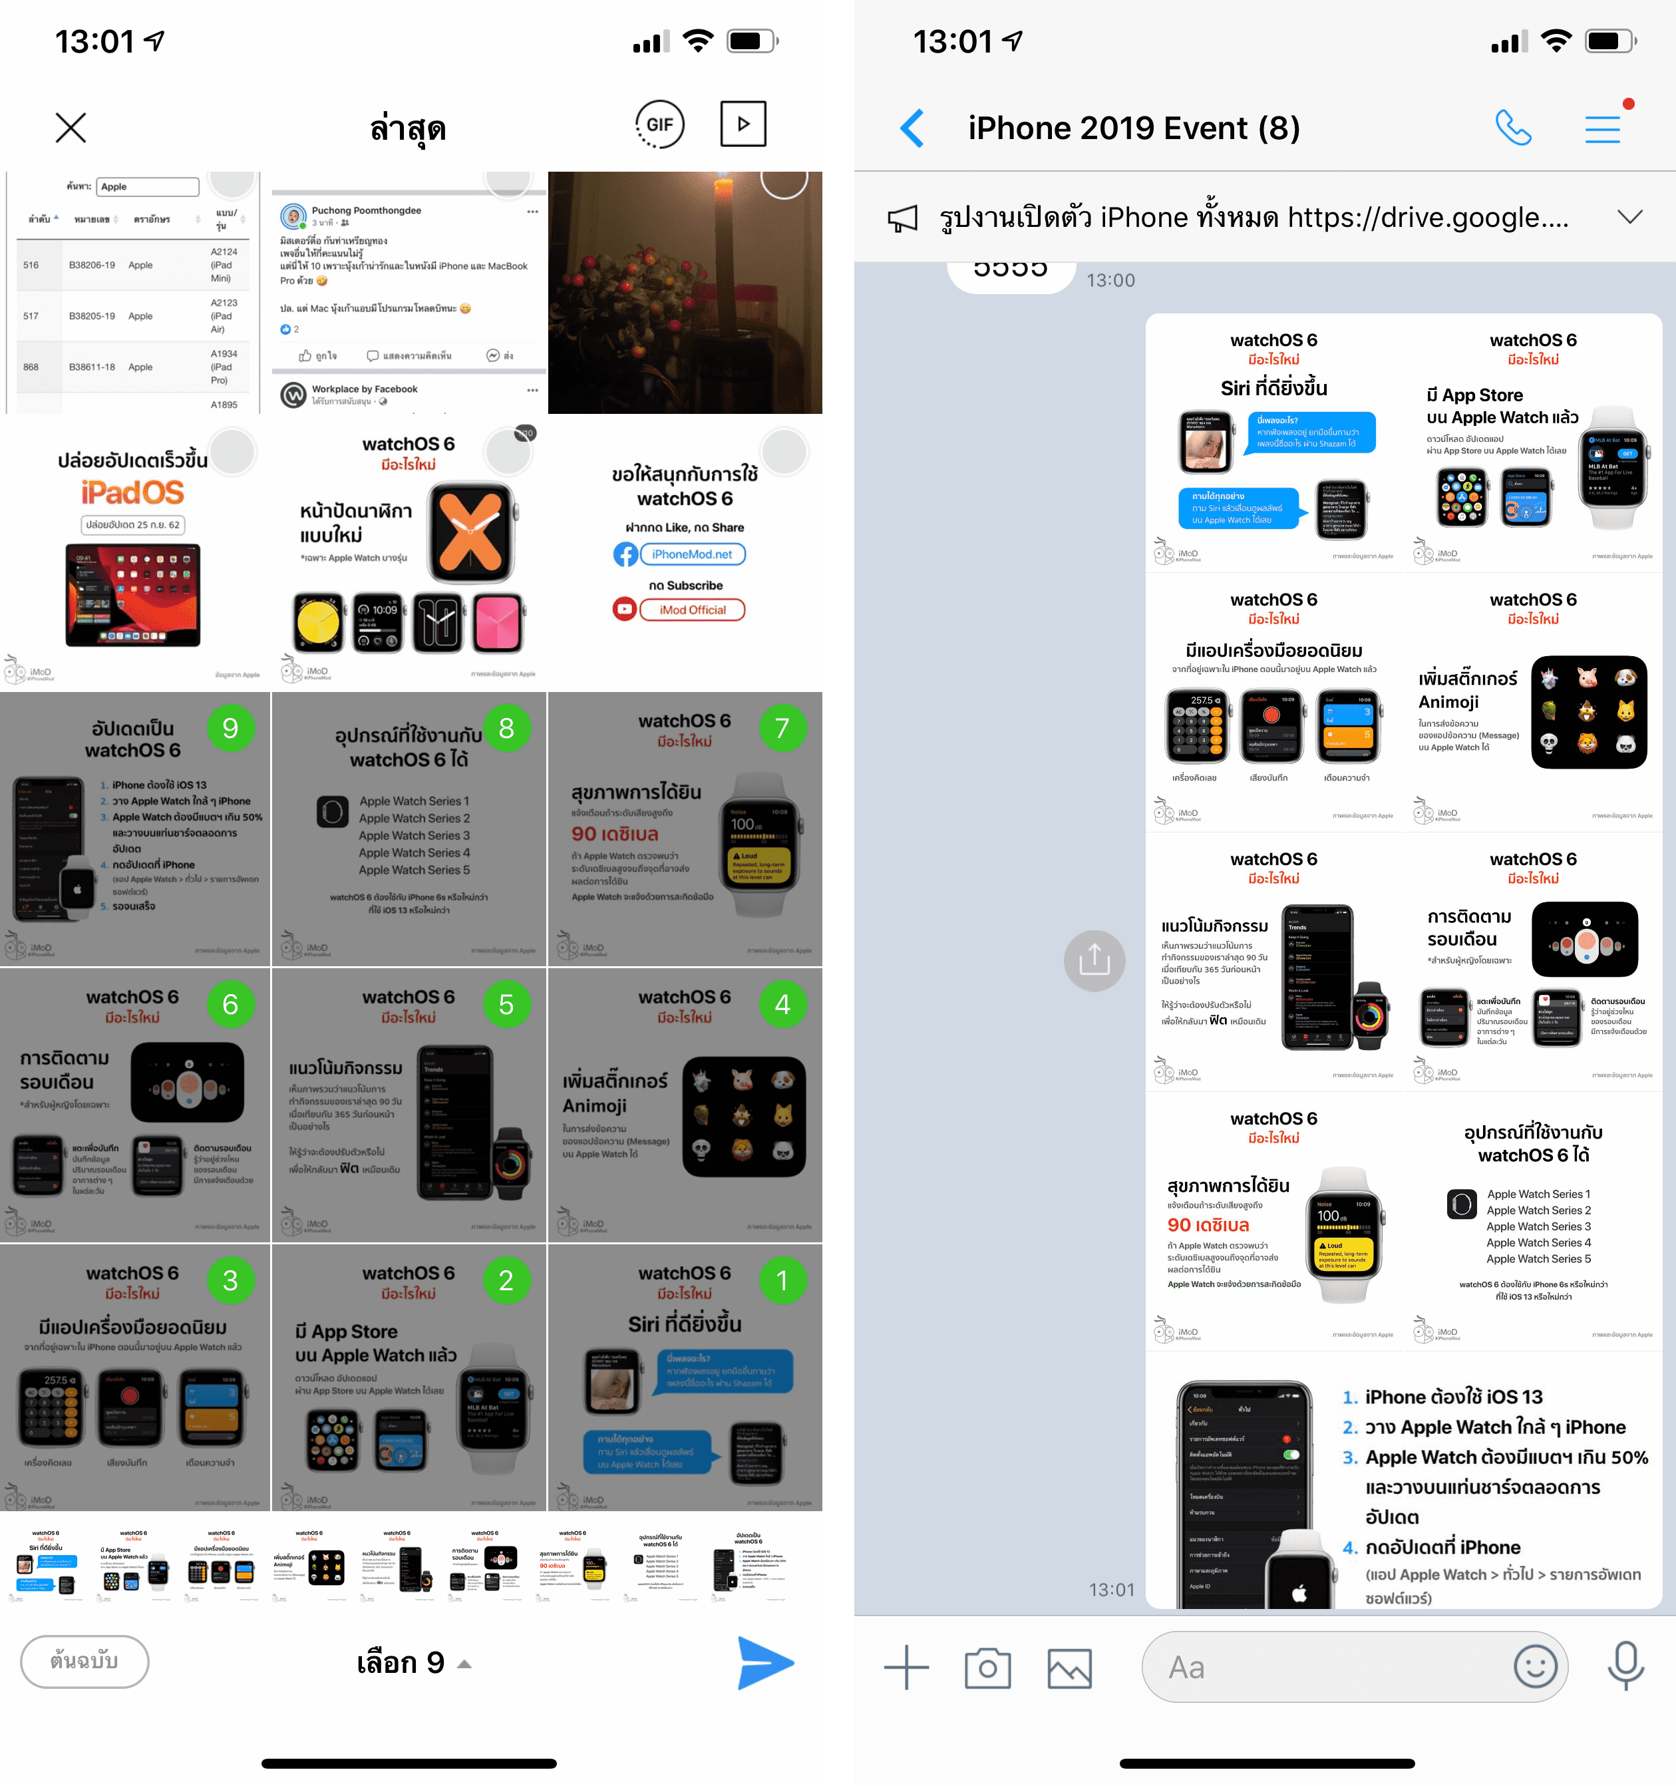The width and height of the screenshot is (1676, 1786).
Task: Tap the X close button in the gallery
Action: point(71,128)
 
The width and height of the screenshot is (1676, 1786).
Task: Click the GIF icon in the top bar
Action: point(659,125)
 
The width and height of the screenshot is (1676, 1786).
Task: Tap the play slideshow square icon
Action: point(743,124)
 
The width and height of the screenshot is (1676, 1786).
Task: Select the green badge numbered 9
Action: point(231,728)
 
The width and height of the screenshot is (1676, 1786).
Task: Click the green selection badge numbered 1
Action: point(782,1280)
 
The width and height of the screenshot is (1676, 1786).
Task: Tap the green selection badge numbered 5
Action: point(506,1003)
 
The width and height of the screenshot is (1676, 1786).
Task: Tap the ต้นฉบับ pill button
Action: point(84,1661)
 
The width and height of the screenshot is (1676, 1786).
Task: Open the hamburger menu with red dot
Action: point(1603,128)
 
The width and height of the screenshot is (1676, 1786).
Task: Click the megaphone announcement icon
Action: point(903,218)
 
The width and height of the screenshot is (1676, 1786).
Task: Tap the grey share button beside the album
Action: point(1094,960)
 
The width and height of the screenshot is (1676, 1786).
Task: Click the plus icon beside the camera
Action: point(906,1668)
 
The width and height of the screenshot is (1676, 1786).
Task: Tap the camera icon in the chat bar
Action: point(987,1668)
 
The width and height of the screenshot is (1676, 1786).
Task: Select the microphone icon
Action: point(1625,1666)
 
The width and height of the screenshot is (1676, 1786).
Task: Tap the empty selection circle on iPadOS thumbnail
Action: point(233,451)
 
